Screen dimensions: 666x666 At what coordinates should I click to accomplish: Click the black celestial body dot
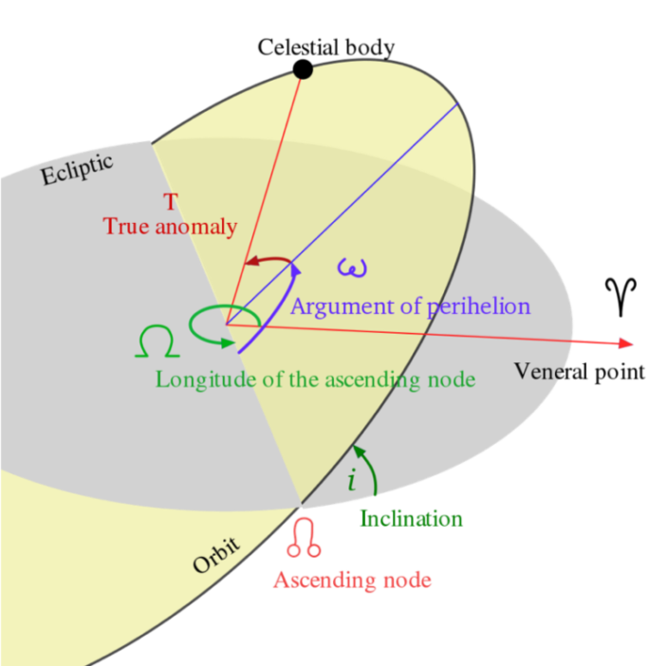[303, 69]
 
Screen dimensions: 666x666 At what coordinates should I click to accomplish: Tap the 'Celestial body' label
[326, 47]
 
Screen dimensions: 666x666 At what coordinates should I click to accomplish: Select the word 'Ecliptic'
[77, 169]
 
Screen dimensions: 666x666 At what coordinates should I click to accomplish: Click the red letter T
[171, 201]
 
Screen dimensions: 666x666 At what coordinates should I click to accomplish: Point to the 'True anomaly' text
[170, 226]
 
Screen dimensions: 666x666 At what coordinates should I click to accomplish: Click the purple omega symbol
[352, 268]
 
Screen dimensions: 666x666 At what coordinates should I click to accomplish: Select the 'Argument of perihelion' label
[411, 306]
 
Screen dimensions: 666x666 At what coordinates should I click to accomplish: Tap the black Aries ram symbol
[621, 297]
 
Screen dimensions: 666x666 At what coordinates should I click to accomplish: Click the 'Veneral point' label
[580, 372]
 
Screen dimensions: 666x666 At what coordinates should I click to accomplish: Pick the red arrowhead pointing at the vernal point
[626, 343]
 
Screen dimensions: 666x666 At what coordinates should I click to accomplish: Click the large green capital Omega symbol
[157, 342]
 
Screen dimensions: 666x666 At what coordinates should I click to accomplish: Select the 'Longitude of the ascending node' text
[316, 379]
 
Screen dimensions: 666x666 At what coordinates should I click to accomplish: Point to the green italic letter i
[352, 479]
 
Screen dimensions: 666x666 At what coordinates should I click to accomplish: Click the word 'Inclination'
[411, 519]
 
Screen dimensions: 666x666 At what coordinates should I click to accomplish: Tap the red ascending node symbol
[304, 537]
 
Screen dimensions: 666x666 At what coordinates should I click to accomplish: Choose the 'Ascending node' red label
[353, 581]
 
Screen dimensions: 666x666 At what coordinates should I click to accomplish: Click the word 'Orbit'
[216, 555]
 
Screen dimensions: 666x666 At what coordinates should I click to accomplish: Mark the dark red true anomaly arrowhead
[252, 260]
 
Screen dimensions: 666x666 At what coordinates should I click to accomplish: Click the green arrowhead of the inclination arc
[360, 451]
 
